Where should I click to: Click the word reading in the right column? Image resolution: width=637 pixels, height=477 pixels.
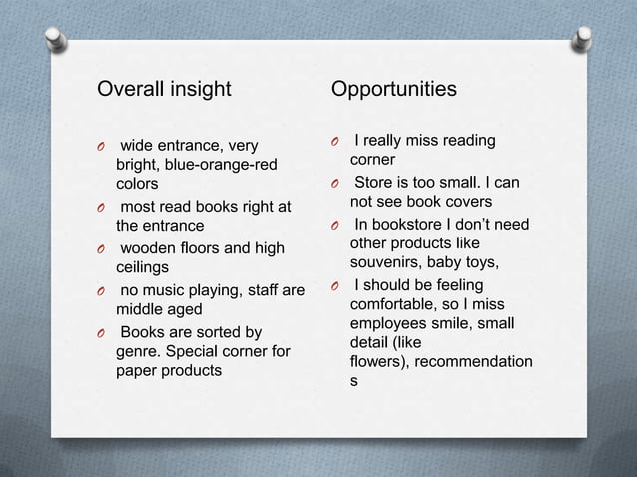coord(463,141)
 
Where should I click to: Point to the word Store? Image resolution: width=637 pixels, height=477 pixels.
coord(377,182)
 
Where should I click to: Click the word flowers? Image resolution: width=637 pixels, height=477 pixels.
coord(376,362)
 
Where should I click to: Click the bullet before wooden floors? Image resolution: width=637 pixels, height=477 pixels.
coord(101,249)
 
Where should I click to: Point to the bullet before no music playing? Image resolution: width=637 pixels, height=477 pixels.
coord(101,292)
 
